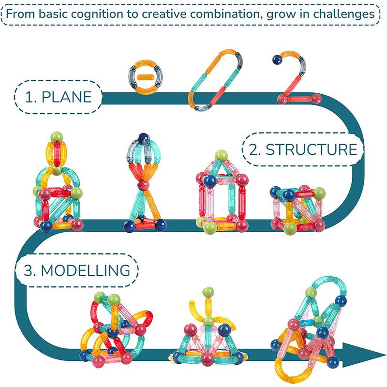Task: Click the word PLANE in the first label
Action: click(x=67, y=97)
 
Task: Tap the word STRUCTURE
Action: click(x=311, y=149)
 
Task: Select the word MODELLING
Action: click(x=86, y=270)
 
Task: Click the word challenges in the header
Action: click(x=344, y=14)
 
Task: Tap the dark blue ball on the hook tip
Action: click(x=277, y=60)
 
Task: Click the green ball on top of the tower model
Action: click(x=57, y=137)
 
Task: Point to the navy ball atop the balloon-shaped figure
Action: click(x=144, y=138)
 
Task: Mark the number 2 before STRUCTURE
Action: click(x=253, y=149)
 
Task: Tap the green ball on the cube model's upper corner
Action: click(x=319, y=193)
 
